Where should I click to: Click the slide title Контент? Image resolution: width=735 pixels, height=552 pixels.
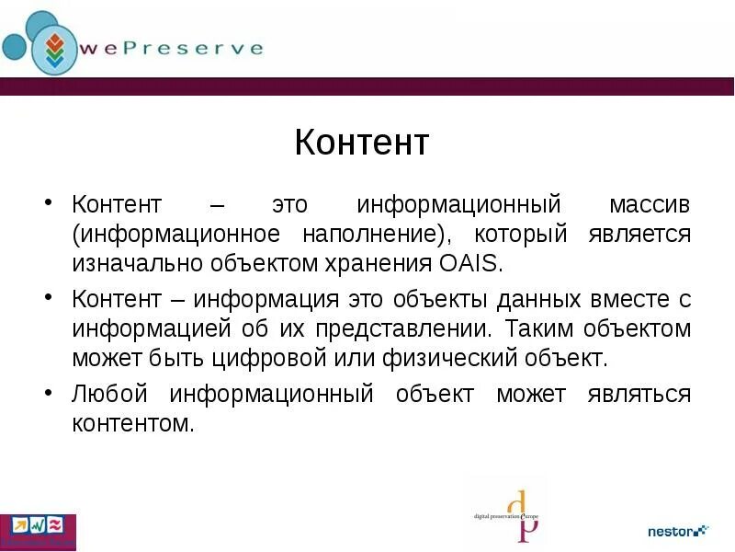click(362, 144)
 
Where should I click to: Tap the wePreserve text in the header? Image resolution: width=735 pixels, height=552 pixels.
click(171, 48)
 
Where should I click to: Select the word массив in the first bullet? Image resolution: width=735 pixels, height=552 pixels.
click(648, 203)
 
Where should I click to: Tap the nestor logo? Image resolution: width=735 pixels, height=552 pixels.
click(677, 531)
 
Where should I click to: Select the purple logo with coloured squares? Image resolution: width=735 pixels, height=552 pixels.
click(38, 531)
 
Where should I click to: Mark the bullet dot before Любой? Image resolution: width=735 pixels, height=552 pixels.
click(49, 393)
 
